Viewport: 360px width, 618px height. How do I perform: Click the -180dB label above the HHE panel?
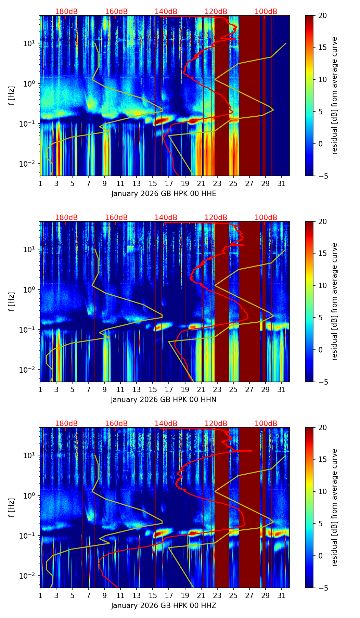pos(65,12)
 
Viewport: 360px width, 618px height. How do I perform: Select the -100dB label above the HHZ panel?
pos(265,424)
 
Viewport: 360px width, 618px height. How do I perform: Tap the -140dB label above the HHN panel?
pos(165,218)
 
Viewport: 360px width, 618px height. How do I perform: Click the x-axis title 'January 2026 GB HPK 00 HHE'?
pos(164,194)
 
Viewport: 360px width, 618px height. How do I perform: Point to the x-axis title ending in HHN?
pos(164,400)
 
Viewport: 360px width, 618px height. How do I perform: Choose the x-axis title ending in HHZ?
pos(164,606)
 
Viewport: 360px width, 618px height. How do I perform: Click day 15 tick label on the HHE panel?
pos(153,183)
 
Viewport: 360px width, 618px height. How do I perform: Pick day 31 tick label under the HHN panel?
pos(281,389)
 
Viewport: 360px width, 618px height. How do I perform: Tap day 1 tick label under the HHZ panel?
pos(40,595)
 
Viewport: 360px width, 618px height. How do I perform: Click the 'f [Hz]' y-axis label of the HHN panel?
pos(11,301)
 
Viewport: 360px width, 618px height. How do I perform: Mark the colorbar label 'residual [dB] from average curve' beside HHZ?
pos(334,507)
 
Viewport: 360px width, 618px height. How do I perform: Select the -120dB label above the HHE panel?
pos(215,12)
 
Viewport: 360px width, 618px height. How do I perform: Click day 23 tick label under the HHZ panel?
pos(217,595)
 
